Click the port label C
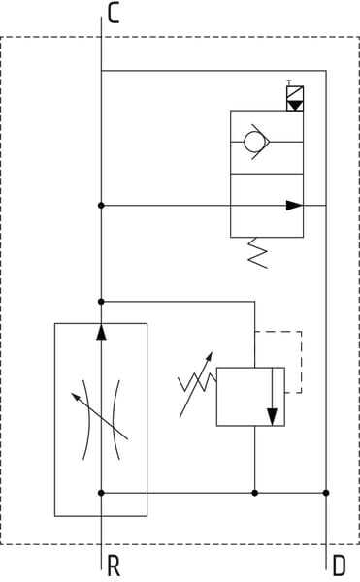(114, 14)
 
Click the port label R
(114, 566)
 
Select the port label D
(340, 566)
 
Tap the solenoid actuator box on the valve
(295, 98)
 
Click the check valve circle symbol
(254, 142)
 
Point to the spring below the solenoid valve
(258, 252)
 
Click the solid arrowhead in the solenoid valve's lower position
(294, 206)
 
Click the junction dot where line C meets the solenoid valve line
(101, 206)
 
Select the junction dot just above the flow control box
(101, 302)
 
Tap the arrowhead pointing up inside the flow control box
(101, 332)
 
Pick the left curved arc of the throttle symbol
(87, 420)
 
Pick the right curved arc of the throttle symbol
(115, 420)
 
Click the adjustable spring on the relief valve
(197, 382)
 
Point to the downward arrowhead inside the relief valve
(272, 417)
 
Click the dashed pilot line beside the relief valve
(302, 361)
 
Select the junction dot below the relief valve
(254, 493)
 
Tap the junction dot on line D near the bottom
(326, 493)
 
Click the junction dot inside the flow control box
(101, 493)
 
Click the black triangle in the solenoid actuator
(295, 105)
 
